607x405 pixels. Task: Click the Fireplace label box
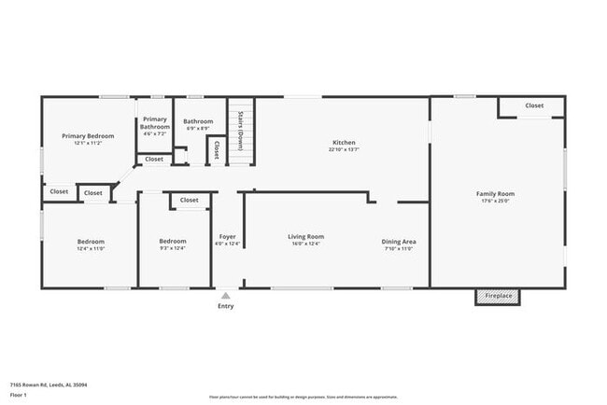click(497, 296)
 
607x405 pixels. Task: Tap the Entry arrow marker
click(225, 295)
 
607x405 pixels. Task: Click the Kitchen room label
click(344, 142)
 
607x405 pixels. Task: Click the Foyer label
click(228, 237)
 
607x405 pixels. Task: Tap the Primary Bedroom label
click(87, 136)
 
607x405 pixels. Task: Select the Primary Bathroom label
click(155, 123)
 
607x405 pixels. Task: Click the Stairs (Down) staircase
click(241, 131)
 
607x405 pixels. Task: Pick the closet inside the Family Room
click(533, 106)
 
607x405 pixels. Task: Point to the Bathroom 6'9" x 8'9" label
click(198, 121)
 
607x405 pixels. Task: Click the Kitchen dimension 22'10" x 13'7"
click(344, 149)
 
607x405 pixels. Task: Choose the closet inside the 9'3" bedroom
click(189, 200)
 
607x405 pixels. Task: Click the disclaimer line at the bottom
click(303, 398)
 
